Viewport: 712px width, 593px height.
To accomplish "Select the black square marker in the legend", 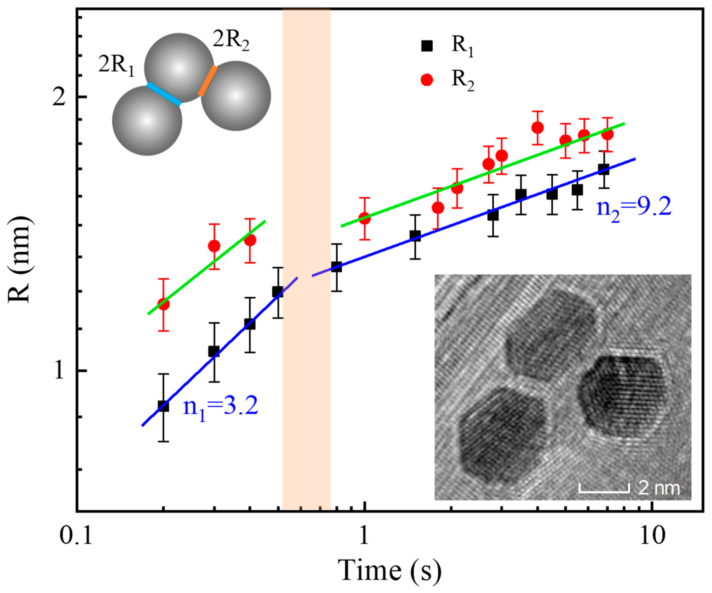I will [x=427, y=46].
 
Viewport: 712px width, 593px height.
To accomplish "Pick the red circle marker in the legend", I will [x=427, y=80].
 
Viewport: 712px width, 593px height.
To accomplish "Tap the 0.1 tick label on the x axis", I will [x=76, y=536].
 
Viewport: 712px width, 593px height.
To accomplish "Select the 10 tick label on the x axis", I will [x=652, y=536].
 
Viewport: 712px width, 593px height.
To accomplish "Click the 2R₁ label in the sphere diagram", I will [x=116, y=65].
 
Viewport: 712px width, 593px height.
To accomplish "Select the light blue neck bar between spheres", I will [x=164, y=94].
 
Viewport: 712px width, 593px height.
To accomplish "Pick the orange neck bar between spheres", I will [x=207, y=81].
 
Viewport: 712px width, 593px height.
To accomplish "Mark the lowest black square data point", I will [x=163, y=406].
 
